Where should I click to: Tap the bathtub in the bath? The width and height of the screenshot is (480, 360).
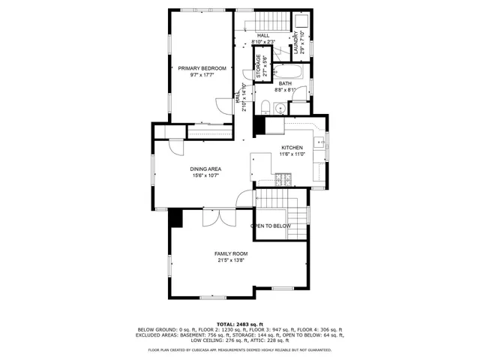pos(287,73)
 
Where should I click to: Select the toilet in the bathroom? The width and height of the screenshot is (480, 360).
pos(267,104)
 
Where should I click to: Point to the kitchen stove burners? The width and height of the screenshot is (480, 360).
pos(285,179)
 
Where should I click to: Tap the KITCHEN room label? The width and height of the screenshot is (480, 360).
pos(292,148)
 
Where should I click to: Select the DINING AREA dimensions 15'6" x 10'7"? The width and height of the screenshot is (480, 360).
pos(205,175)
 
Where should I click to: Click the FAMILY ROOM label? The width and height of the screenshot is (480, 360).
pos(232,254)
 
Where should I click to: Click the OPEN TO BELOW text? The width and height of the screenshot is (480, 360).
pos(270,226)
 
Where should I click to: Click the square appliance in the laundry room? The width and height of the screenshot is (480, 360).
pos(298,20)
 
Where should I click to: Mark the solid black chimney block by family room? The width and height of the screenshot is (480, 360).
pos(175,217)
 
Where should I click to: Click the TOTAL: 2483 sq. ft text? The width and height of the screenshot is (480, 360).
pos(239,323)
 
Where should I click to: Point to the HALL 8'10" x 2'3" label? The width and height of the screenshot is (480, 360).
pos(263,38)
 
